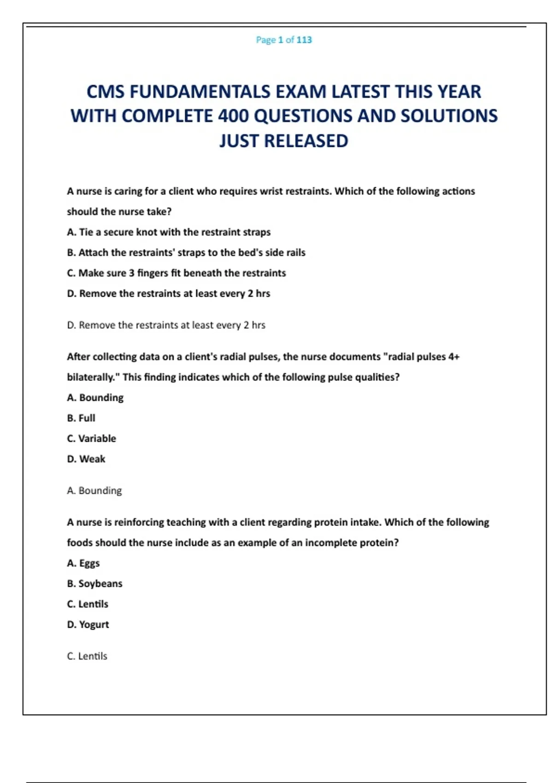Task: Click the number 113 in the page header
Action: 304,40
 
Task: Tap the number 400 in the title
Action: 233,116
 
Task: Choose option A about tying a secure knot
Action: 169,232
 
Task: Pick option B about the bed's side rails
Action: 186,252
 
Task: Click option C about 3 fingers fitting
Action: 176,273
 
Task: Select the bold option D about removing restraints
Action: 169,293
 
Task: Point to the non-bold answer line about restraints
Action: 166,325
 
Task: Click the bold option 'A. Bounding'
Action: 95,397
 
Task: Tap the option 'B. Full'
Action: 81,418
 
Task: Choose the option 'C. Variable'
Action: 92,438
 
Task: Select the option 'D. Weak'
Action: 86,459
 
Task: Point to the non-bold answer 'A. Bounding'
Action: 94,491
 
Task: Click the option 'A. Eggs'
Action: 83,563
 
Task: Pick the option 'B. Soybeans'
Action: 95,584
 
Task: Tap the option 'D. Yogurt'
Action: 88,625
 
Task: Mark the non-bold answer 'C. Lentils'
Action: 87,656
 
